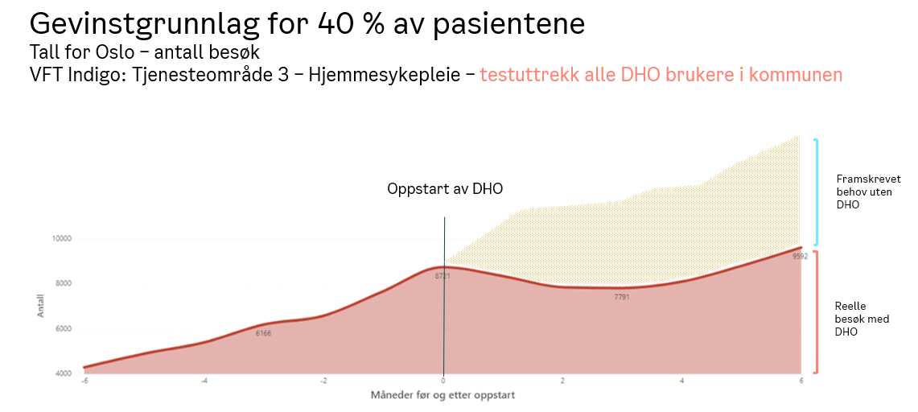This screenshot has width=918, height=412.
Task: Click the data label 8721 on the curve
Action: [443, 276]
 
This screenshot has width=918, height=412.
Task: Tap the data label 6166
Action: [264, 333]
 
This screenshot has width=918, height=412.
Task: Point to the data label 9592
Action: [798, 257]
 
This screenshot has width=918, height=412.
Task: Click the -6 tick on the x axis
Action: [84, 381]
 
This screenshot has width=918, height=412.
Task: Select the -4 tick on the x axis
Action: [204, 381]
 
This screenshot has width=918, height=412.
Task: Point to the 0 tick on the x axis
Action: [443, 381]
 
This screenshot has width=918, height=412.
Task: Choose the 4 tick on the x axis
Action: [682, 381]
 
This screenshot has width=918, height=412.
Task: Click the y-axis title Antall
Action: [41, 305]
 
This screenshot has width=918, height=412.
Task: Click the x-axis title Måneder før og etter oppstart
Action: [443, 395]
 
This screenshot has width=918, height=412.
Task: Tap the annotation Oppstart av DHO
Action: [445, 189]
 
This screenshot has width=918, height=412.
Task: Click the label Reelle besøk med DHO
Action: [862, 319]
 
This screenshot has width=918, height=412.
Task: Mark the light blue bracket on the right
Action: [817, 192]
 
